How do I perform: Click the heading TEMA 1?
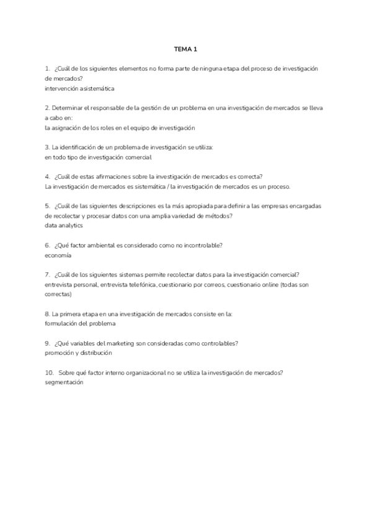186,48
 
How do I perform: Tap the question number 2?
47,107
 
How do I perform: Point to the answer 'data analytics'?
64,226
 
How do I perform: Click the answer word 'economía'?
58,255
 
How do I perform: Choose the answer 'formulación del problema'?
80,323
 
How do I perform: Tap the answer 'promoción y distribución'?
78,352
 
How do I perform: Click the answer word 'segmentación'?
64,382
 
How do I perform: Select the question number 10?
49,372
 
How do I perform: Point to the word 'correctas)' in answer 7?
58,294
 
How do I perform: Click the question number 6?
47,245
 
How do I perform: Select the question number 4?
47,176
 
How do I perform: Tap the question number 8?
47,314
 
